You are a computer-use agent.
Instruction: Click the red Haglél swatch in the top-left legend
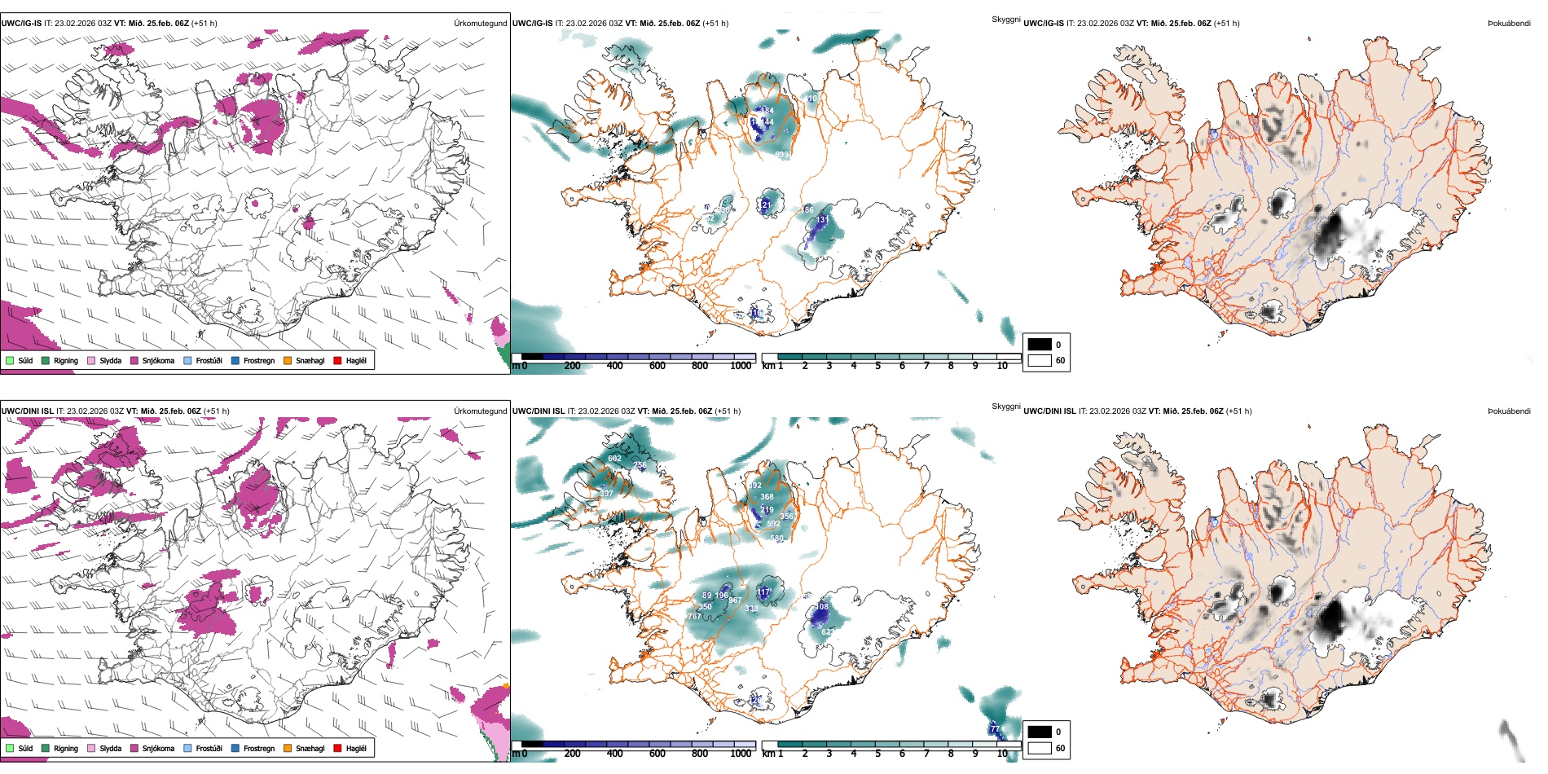coord(337,360)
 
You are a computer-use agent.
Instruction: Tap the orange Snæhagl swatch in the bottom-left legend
coord(288,748)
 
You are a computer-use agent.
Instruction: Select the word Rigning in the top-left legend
coord(66,361)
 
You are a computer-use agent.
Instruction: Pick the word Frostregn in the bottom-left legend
coord(259,749)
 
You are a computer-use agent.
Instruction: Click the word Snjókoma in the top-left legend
coord(158,361)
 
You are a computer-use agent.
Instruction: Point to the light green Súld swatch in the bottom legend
coord(10,748)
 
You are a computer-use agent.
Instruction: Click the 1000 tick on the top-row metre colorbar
coord(741,366)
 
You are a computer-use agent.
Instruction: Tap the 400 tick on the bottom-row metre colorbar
coord(615,754)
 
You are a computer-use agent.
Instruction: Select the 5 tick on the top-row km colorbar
coord(877,366)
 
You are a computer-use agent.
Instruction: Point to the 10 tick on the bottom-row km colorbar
coord(1002,754)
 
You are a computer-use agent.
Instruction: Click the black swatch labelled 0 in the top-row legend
coord(1040,345)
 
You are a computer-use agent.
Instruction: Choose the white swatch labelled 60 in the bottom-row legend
coord(1040,748)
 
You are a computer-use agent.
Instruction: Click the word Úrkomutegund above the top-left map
coord(480,24)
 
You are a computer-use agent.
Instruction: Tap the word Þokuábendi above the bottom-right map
coord(1509,411)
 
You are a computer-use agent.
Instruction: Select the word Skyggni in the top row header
coord(1005,19)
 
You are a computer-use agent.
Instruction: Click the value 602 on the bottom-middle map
coord(614,459)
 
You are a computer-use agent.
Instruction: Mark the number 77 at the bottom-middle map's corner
coord(995,728)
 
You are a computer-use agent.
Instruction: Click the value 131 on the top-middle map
coord(822,220)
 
